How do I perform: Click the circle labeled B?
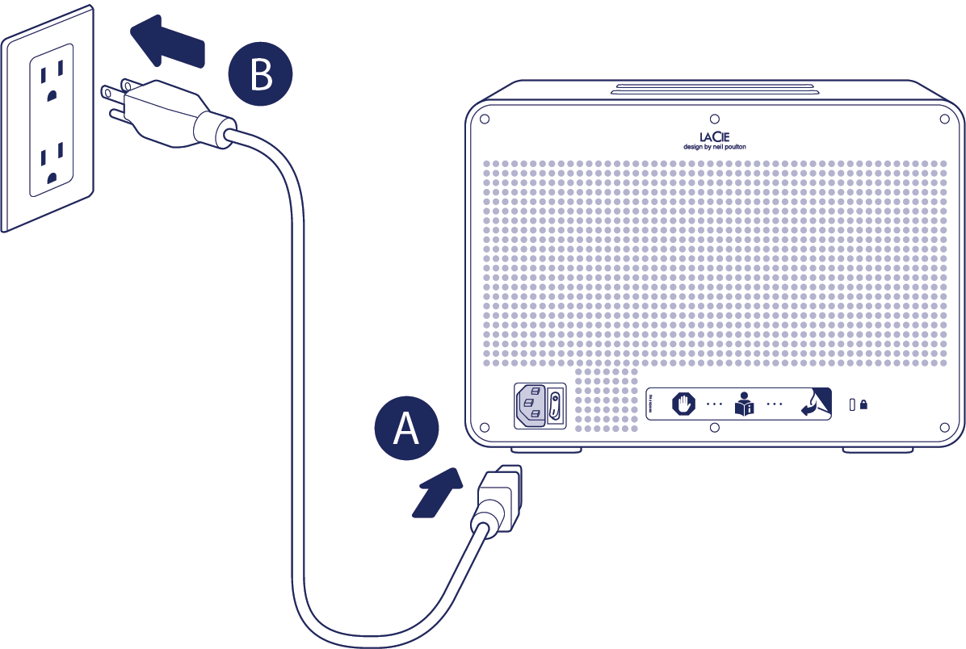260,75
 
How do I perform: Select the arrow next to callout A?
437,492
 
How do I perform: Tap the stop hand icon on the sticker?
684,403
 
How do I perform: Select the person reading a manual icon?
743,403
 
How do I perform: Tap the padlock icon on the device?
863,404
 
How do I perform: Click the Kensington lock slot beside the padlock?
852,404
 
